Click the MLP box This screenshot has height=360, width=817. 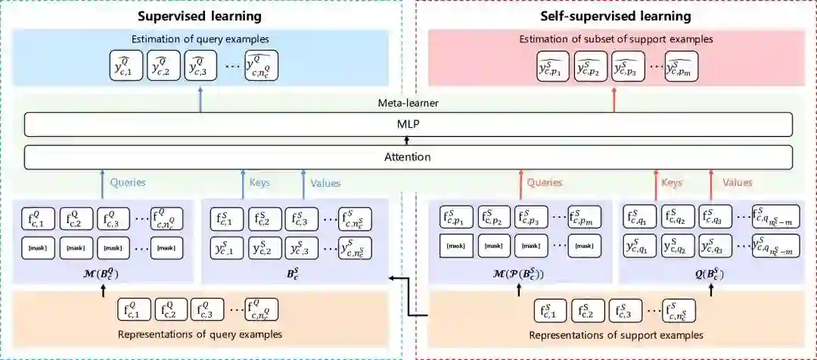click(x=408, y=124)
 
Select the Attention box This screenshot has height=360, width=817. click(x=408, y=157)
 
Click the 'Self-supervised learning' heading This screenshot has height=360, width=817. click(x=616, y=16)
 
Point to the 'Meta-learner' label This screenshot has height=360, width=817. click(x=408, y=104)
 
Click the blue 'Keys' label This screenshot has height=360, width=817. click(x=259, y=182)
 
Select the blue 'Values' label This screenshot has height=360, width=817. click(x=325, y=182)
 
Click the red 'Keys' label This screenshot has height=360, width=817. click(x=672, y=182)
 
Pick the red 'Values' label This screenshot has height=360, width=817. click(x=737, y=182)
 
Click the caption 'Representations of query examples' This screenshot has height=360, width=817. click(x=200, y=334)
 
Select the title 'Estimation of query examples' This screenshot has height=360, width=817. click(x=200, y=39)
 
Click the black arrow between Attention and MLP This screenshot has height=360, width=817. click(x=408, y=141)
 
